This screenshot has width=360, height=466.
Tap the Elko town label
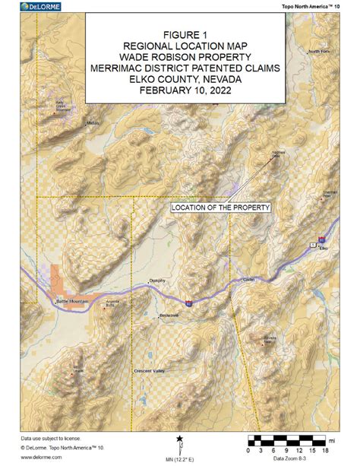pyautogui.click(x=323, y=249)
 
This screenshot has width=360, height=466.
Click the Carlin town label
pyautogui.click(x=227, y=280)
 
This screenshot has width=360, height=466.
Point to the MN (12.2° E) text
pyautogui.click(x=180, y=457)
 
